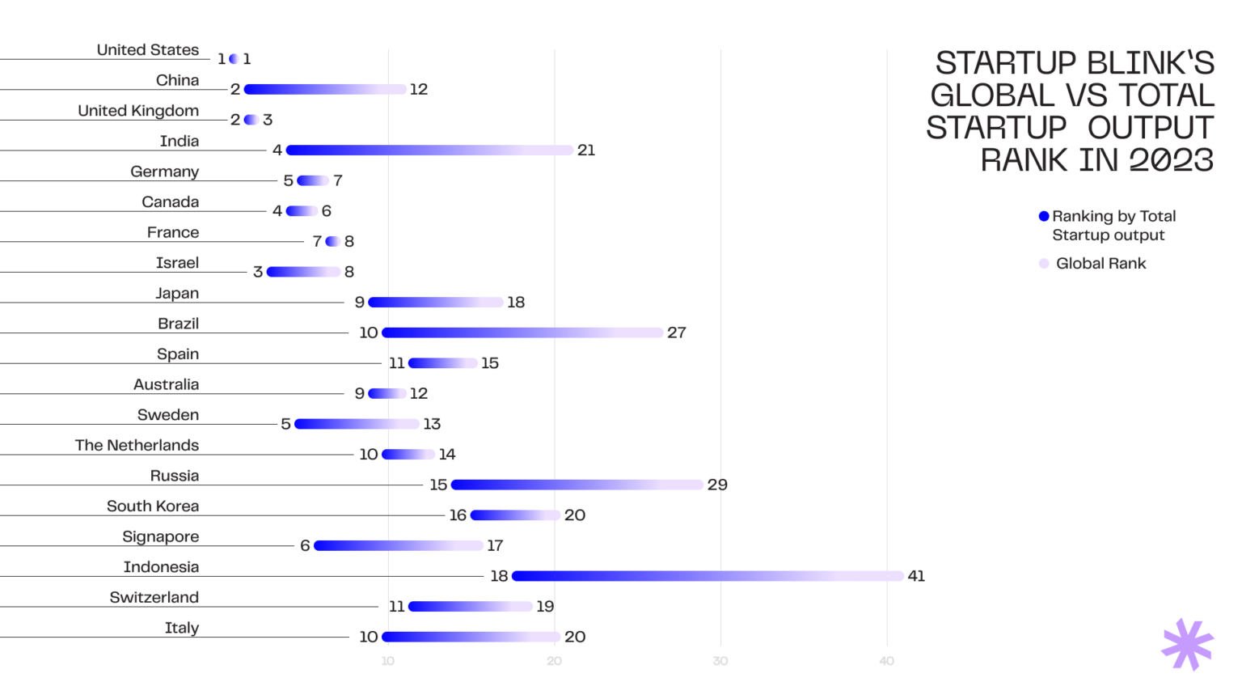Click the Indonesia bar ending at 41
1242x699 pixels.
coord(708,576)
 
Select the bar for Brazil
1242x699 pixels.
coord(522,333)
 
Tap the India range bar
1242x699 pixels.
coord(429,150)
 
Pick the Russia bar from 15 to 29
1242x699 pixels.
coord(577,485)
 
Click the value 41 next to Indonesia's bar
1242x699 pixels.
coord(916,576)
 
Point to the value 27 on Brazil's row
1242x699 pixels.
coord(677,333)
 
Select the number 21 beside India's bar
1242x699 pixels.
coord(586,150)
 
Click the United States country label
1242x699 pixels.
coord(148,50)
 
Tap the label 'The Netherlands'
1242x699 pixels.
coord(137,445)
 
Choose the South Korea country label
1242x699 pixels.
coord(153,506)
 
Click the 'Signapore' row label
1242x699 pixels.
coord(160,536)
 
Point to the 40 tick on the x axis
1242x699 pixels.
coord(887,661)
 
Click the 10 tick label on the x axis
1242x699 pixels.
coord(388,661)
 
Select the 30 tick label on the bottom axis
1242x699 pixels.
coord(720,661)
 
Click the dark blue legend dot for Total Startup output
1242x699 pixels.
coord(1044,216)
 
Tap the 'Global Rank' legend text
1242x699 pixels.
coord(1100,264)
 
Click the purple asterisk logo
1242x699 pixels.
coord(1187,645)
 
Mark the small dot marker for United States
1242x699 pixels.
coord(234,59)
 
